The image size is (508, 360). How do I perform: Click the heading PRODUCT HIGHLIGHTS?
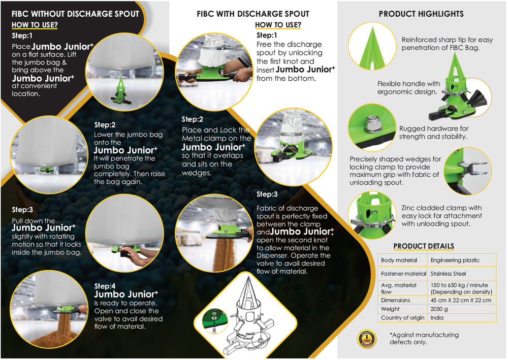click(x=421, y=14)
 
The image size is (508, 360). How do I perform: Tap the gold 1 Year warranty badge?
click(x=367, y=339)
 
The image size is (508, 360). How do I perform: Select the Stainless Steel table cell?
click(x=448, y=274)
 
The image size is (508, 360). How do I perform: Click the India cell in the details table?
click(x=437, y=317)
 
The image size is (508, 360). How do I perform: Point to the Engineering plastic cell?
click(x=455, y=260)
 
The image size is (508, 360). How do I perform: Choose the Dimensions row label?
click(x=395, y=300)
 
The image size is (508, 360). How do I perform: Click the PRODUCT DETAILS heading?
click(x=424, y=246)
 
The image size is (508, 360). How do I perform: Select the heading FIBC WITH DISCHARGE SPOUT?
click(x=253, y=14)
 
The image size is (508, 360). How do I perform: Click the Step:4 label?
click(x=105, y=286)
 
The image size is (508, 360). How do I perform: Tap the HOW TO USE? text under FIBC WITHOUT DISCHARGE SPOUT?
click(x=35, y=25)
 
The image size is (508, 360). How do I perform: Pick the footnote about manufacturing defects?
click(x=424, y=338)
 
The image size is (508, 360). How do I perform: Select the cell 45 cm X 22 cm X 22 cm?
click(x=461, y=300)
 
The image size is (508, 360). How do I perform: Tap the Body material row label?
click(x=399, y=260)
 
